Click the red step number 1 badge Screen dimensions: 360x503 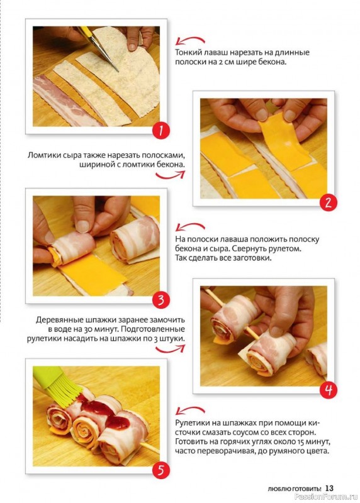pyautogui.click(x=160, y=131)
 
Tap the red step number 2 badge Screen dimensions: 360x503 pyautogui.click(x=328, y=203)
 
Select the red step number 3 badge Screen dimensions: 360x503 pyautogui.click(x=160, y=301)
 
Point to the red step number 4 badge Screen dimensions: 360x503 pyautogui.click(x=328, y=390)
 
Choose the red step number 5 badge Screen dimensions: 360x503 pyautogui.click(x=160, y=470)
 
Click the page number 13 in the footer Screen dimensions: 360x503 pyautogui.click(x=329, y=488)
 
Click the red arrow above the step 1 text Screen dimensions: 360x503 pyautogui.click(x=190, y=40)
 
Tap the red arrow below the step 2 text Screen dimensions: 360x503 pyautogui.click(x=171, y=175)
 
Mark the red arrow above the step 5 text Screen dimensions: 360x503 pyautogui.click(x=190, y=411)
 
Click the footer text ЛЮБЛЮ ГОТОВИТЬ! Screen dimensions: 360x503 pyautogui.click(x=294, y=489)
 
